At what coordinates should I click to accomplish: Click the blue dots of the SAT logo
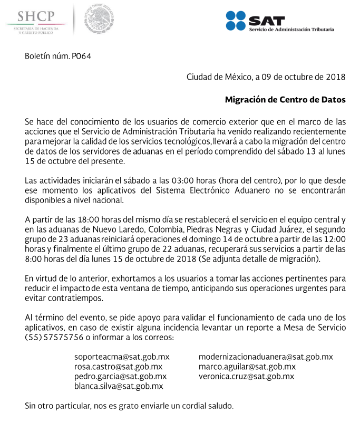click(x=236, y=21)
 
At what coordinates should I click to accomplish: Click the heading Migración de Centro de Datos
click(x=285, y=99)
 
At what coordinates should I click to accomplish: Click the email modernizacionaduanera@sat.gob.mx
click(x=266, y=357)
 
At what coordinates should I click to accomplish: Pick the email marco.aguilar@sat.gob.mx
click(x=247, y=367)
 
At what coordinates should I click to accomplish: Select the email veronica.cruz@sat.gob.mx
click(x=246, y=376)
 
